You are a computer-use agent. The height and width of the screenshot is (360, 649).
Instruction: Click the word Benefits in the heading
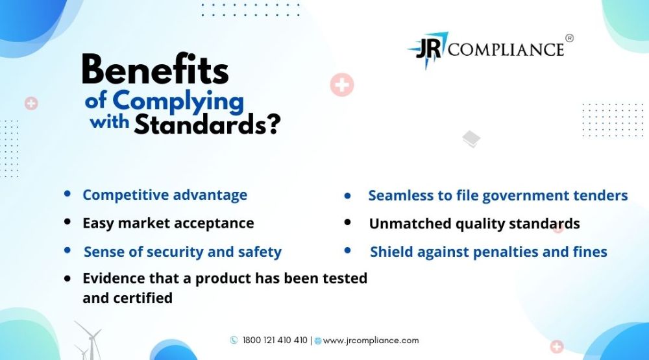coord(155,69)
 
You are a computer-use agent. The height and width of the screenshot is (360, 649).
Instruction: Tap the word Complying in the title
coord(178,102)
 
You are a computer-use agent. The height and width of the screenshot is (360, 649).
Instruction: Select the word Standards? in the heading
coord(208,124)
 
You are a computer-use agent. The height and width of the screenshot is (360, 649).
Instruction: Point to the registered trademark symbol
coord(570,38)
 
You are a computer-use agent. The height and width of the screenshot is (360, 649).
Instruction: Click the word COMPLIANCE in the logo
coord(506,50)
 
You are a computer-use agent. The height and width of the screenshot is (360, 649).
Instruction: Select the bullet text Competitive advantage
coord(165,195)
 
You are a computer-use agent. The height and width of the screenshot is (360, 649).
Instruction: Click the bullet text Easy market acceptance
coord(168,223)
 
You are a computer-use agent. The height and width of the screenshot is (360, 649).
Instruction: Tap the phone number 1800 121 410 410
coord(275,340)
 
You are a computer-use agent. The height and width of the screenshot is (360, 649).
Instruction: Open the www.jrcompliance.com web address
coord(371,341)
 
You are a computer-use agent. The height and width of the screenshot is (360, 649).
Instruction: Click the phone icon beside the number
coord(234,340)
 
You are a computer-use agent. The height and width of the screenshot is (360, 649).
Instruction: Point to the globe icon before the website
coord(318,341)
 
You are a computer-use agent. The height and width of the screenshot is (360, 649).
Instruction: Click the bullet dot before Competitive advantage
coord(67,193)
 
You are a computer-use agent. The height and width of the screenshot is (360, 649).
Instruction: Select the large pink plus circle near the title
coord(342,85)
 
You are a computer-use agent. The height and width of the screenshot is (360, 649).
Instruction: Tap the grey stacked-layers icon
coord(471,139)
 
